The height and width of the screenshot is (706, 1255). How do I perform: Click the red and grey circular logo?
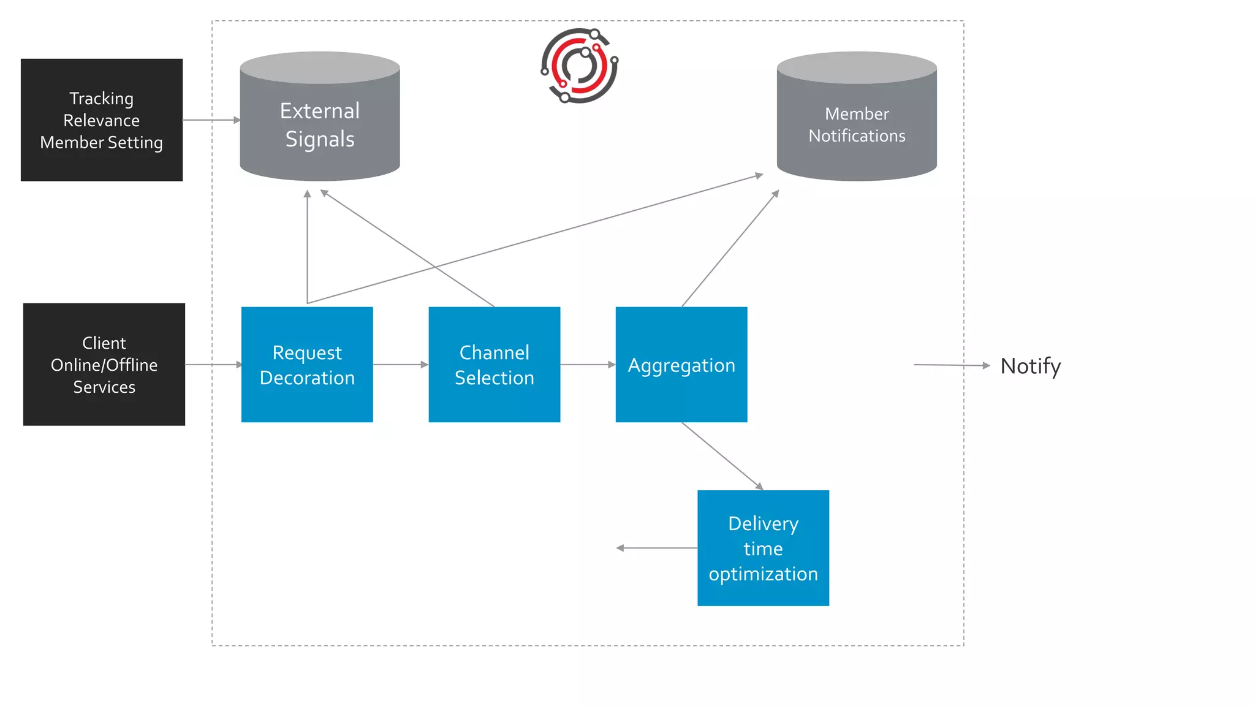579,65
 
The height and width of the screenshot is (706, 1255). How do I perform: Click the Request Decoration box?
307,364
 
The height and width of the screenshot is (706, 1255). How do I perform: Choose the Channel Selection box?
494,364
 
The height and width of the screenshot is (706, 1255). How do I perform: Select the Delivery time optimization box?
763,548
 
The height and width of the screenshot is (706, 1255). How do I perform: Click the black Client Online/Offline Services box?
104,364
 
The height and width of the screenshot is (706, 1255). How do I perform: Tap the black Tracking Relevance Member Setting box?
102,120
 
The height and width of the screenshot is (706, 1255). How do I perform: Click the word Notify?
1030,366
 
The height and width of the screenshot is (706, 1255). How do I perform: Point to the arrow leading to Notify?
951,365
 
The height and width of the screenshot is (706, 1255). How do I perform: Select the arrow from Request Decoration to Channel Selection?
400,365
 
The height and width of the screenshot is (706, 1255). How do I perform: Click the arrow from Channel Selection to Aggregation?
587,365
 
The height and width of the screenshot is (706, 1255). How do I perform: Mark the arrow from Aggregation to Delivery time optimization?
722,456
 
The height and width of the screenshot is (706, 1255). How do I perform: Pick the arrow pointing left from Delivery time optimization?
656,548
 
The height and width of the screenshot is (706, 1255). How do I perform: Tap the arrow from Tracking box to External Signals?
211,120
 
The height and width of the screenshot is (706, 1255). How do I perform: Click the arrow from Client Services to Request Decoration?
213,365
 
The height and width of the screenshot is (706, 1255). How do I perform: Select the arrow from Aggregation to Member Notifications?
730,248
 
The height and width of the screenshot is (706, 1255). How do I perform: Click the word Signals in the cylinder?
319,139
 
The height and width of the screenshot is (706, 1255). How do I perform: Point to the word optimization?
763,574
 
